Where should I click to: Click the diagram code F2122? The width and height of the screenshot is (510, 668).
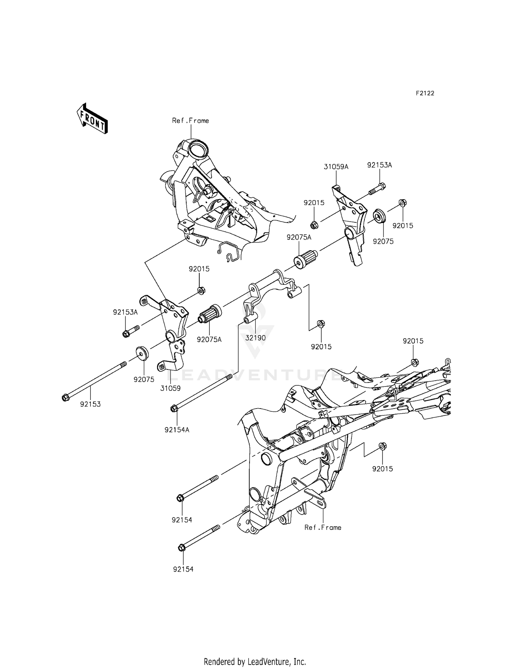pos(425,93)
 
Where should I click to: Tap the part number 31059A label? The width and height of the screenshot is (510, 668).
pos(336,167)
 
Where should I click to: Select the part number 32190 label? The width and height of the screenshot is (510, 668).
pos(255,338)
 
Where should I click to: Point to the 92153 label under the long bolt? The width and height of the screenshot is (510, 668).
pos(90,404)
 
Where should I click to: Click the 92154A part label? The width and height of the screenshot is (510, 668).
pos(177,430)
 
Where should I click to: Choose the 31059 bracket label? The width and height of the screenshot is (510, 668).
pos(170,388)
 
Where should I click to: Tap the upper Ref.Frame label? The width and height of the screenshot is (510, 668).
pos(190,121)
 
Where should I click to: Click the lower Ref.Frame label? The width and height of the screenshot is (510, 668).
pos(323,527)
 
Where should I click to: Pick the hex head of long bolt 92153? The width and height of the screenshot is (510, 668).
pos(65,397)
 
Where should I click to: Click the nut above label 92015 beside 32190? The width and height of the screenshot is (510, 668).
pos(320,322)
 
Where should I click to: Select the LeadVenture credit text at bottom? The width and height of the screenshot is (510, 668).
pos(255,661)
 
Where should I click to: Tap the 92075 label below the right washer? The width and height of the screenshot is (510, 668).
pos(383,241)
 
